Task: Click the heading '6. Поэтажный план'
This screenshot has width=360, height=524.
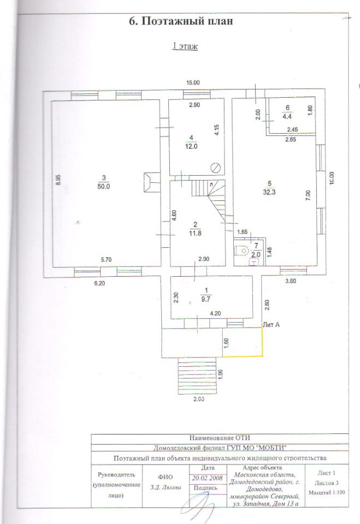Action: [x=180, y=22]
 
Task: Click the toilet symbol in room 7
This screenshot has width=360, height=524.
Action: [x=240, y=251]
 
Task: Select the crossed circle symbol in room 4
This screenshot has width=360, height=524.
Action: [x=216, y=168]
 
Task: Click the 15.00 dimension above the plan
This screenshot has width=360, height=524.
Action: [x=193, y=83]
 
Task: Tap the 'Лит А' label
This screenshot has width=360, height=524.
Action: [x=272, y=325]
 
